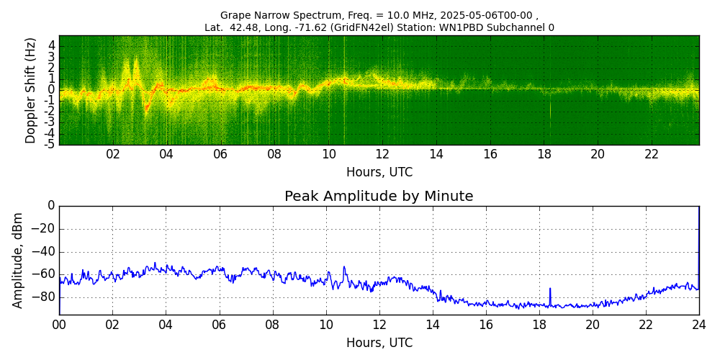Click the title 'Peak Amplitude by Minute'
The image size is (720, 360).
pos(379,197)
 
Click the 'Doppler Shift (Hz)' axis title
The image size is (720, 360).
pos(30,91)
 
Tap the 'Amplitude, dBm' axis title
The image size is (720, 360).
pos(18,260)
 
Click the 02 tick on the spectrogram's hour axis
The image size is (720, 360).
pos(113,155)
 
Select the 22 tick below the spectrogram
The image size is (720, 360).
pos(652,155)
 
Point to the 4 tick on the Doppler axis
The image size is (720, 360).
pos(52,45)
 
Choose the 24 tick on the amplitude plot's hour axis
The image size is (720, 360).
pos(699,325)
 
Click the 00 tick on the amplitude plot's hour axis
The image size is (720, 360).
pos(59,325)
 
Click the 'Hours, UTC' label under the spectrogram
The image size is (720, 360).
pos(379,173)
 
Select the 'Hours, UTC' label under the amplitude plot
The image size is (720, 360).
pos(379,343)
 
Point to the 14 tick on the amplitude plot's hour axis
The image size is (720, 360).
pos(433,325)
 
